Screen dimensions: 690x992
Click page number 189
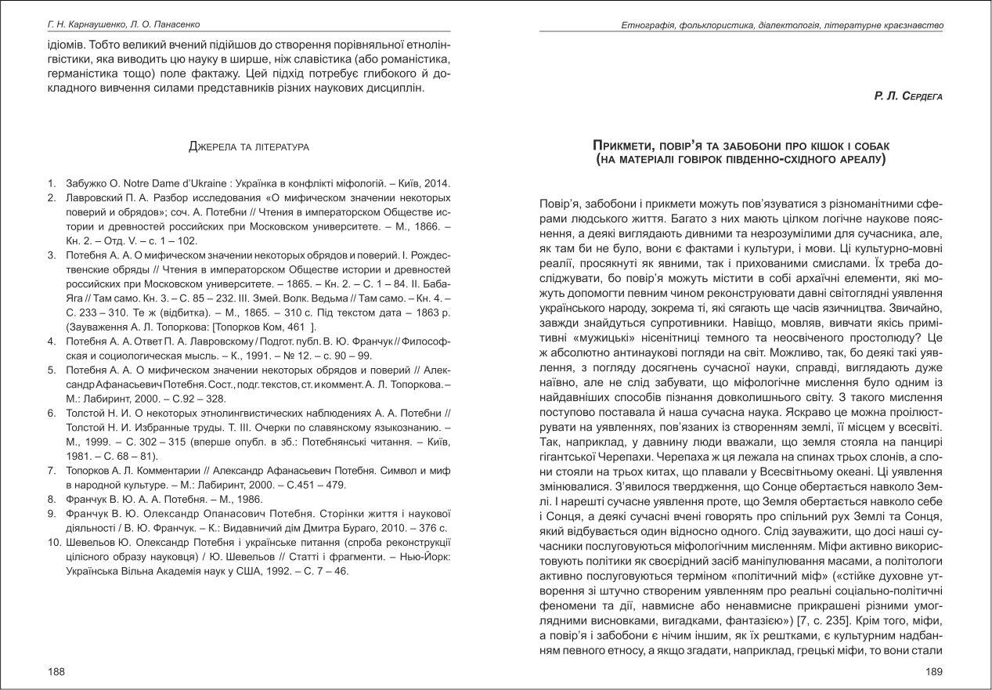point(934,671)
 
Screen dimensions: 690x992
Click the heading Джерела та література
point(249,146)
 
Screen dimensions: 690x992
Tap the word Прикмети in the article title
point(623,146)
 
